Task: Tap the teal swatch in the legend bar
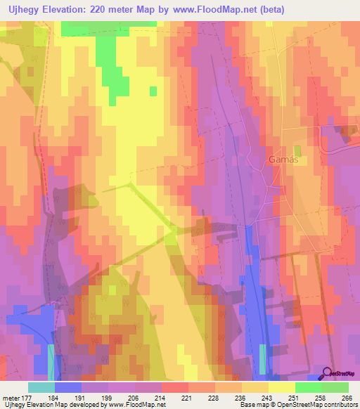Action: pyautogui.click(x=41, y=387)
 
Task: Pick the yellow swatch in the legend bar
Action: pyautogui.click(x=281, y=387)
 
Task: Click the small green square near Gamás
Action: pyautogui.click(x=297, y=150)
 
